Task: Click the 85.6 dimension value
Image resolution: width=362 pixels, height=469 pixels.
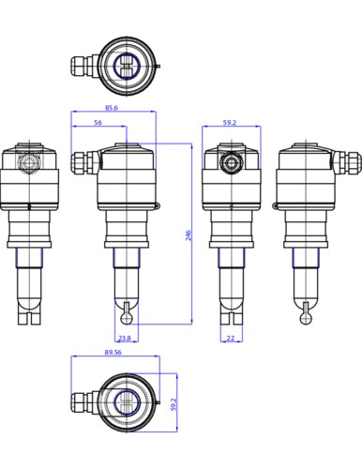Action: tap(112, 108)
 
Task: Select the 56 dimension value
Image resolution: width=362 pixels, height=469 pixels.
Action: tap(98, 123)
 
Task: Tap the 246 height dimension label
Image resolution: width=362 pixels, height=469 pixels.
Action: tap(188, 235)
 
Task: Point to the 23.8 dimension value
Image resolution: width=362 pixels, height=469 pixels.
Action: tap(125, 338)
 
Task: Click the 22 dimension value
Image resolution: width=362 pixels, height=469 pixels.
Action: tap(231, 338)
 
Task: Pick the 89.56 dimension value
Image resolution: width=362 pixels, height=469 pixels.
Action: tap(113, 353)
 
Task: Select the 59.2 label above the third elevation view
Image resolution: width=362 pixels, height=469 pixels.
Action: tap(230, 123)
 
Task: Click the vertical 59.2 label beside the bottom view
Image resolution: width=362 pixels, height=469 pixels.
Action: tap(174, 404)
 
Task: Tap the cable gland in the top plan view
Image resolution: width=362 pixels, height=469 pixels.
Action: tap(84, 66)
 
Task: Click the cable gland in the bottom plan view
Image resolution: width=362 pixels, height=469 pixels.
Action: tap(84, 402)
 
